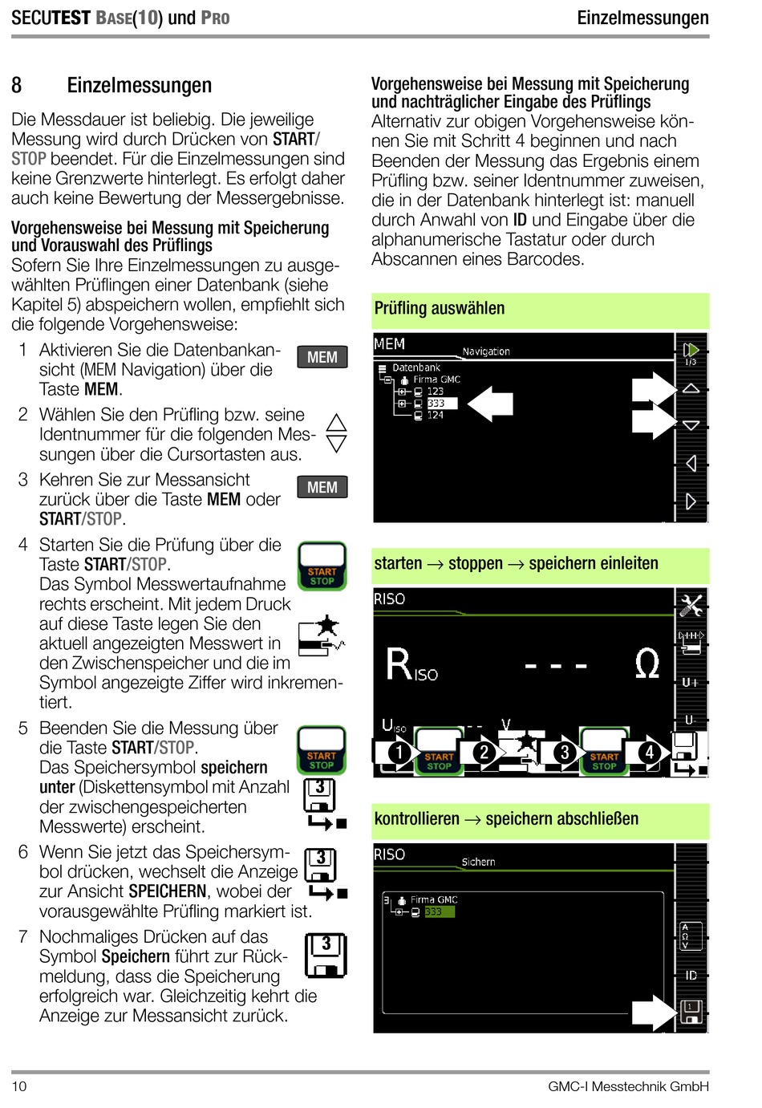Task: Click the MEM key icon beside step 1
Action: tap(322, 357)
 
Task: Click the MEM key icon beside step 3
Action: tap(322, 487)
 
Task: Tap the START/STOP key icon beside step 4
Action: tap(322, 566)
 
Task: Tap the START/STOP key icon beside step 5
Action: tap(321, 750)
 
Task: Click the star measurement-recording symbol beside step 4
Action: tap(322, 635)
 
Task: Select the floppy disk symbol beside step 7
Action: tap(326, 956)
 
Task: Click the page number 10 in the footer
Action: tap(19, 1086)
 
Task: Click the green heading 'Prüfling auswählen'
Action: tap(440, 308)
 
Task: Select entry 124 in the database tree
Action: tap(435, 415)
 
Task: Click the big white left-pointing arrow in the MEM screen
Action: tap(490, 404)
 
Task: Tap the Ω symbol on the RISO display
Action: tap(646, 664)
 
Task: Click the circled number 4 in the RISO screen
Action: tap(649, 752)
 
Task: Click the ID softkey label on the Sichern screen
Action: tap(691, 975)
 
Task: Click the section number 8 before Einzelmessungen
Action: tap(17, 86)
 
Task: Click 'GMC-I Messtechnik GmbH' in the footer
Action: tap(628, 1086)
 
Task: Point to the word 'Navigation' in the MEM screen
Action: tap(486, 351)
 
